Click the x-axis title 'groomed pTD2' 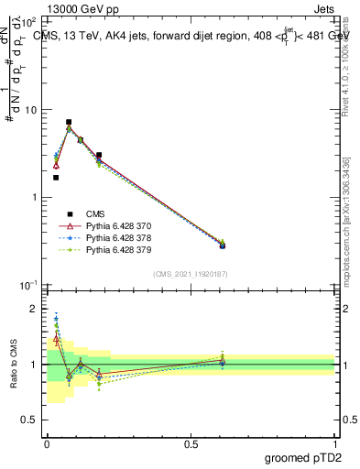[302, 458]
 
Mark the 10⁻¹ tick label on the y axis [30, 285]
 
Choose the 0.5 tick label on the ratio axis [32, 420]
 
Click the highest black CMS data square [69, 122]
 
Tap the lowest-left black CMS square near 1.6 [56, 178]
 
